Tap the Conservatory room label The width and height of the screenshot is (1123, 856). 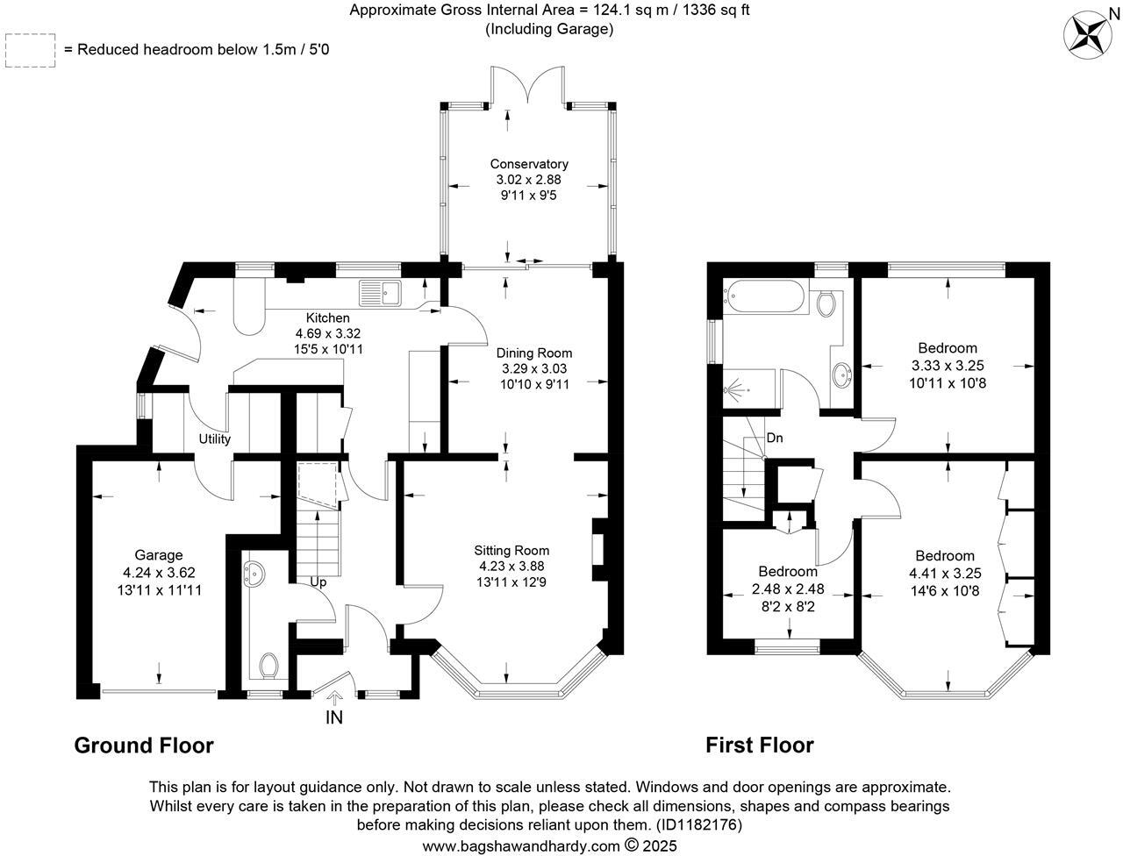coord(529,164)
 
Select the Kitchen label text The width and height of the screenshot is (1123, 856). coord(327,317)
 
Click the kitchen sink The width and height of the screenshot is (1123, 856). coord(379,293)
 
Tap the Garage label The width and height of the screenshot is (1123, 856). coord(159,554)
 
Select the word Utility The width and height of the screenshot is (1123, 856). coord(214,439)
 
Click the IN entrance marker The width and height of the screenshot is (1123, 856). coord(334,717)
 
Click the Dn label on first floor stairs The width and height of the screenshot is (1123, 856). coord(775,438)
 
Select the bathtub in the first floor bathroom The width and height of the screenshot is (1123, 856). coord(764,296)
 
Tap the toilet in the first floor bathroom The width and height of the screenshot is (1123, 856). coord(826,303)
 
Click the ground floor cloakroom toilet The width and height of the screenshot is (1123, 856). coord(269,666)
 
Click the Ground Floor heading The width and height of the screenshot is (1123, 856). coord(144,745)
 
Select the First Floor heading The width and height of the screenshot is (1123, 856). coord(760,745)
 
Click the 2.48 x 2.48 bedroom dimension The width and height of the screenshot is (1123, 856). coord(788,589)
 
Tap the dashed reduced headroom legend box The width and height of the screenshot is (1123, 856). coord(30,50)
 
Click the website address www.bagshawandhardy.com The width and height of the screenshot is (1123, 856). coord(521,846)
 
